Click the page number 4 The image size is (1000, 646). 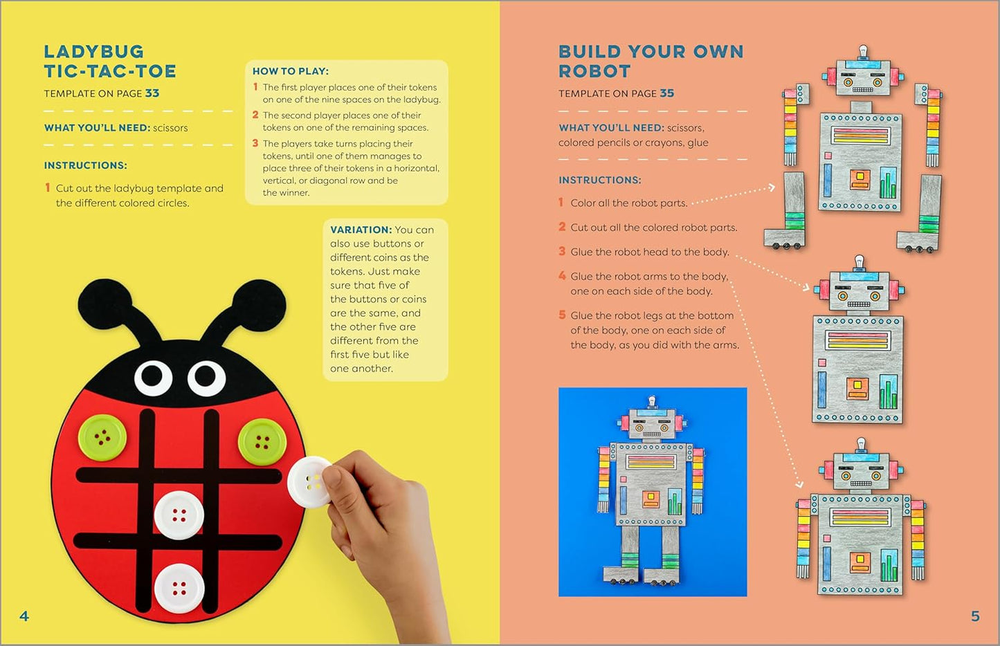24,616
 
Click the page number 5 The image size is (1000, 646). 976,616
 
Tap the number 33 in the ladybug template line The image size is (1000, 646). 152,93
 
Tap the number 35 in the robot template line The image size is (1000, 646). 667,93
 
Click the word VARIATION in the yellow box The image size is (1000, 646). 361,230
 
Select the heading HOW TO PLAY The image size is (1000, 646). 291,71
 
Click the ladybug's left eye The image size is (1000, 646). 153,378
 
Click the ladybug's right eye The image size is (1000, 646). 206,378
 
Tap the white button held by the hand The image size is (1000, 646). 310,481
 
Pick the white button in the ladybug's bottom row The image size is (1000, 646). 179,589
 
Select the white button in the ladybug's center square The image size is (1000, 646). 179,515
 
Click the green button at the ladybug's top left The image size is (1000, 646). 102,438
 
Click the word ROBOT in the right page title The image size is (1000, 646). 594,71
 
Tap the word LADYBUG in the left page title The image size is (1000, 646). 93,52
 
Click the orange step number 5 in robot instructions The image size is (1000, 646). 562,315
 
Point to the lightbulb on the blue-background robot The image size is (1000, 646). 652,401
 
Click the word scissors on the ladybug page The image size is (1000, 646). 170,128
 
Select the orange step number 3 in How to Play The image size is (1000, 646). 255,143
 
